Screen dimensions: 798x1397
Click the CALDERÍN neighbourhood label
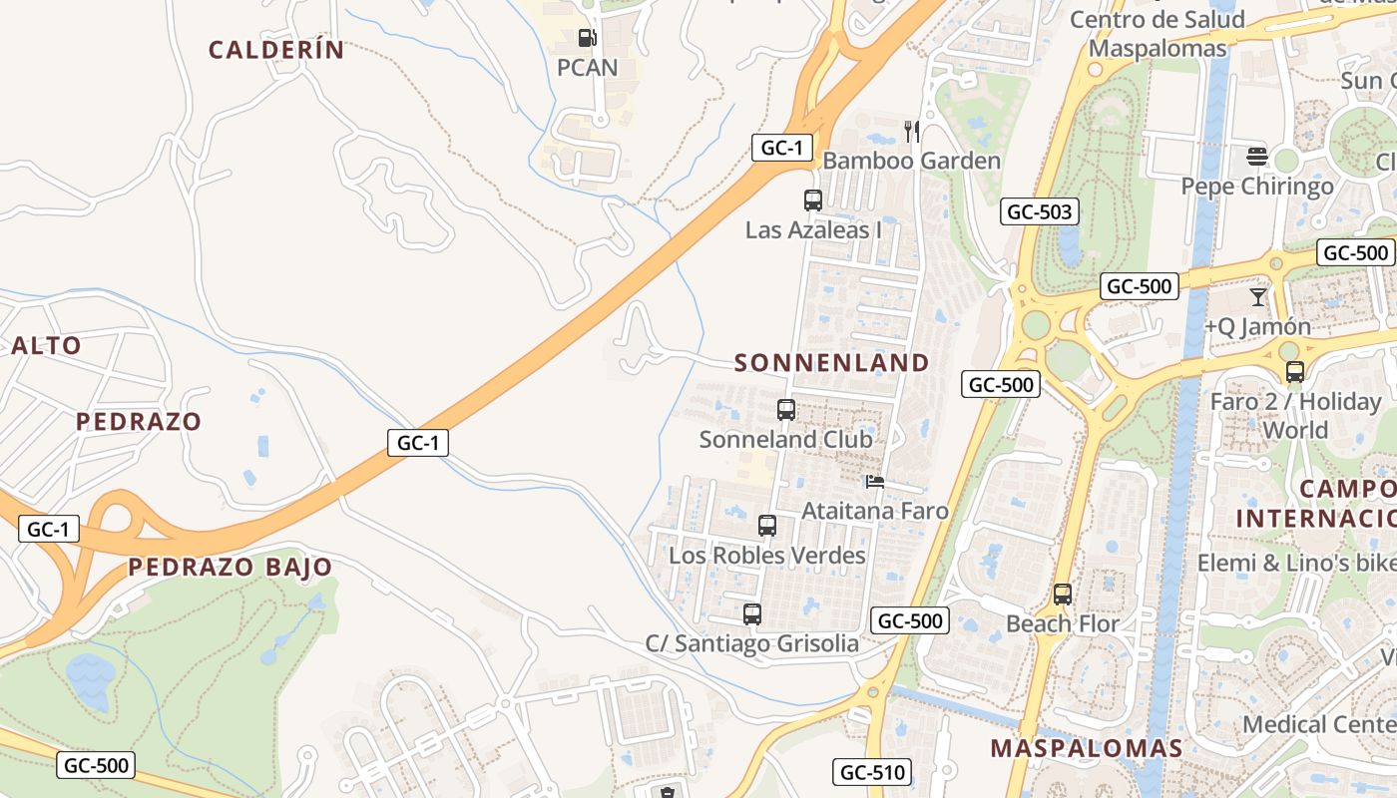[276, 50]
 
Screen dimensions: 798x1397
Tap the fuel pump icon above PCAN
[587, 39]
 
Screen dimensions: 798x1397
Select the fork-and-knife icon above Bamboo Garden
[911, 131]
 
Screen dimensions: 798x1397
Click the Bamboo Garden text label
[911, 161]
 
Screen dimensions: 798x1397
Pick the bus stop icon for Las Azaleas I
[813, 200]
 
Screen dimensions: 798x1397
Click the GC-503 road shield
[1040, 211]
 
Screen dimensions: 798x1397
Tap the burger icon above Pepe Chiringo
[1256, 157]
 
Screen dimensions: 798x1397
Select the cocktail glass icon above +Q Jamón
[1257, 297]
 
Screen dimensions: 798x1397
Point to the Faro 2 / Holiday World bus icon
[1295, 372]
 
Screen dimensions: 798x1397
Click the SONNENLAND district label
[832, 363]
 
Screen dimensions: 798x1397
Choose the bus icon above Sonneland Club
[786, 410]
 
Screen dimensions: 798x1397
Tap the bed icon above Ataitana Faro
[875, 482]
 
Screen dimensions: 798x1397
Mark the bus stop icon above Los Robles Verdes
[767, 526]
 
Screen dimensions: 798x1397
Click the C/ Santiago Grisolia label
[752, 643]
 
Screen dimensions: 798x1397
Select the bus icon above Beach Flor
[1063, 595]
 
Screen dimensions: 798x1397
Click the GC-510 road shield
[871, 771]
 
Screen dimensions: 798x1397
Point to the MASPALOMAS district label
[1086, 748]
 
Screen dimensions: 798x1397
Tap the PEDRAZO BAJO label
[231, 568]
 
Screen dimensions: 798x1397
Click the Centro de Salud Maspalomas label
[1158, 34]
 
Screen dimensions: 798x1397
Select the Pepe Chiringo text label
[1257, 187]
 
